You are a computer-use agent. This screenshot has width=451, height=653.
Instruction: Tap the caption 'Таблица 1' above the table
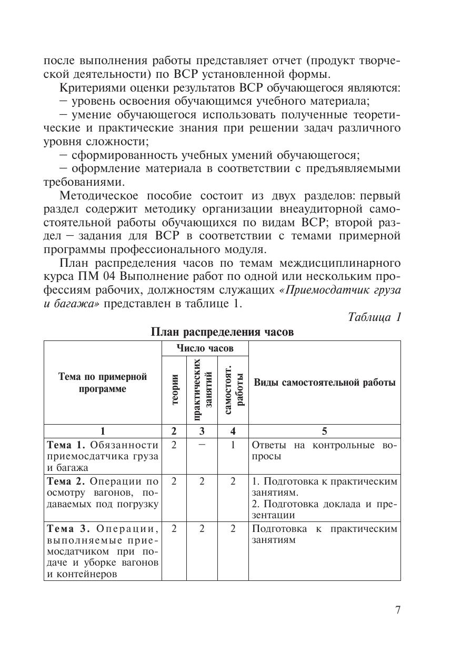coord(375,317)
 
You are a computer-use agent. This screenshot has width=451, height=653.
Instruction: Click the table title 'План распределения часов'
coord(222,332)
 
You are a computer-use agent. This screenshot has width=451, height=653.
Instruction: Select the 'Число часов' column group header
coord(205,348)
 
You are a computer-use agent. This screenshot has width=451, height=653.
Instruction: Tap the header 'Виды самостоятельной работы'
coord(324,383)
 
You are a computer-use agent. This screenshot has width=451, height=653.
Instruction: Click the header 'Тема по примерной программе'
coord(103,383)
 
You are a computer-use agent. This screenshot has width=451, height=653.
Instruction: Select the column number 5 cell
coord(324,431)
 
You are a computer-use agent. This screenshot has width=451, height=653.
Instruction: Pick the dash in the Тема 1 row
coord(202,445)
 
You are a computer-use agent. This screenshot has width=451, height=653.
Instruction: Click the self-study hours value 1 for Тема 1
coord(233,445)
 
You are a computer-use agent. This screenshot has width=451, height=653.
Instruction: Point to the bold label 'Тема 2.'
coord(67,481)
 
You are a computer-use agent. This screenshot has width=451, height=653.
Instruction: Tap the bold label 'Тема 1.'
coord(67,445)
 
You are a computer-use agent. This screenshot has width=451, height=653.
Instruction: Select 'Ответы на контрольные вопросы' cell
coord(324,450)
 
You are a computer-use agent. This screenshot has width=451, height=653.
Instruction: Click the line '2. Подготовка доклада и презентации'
coord(324,510)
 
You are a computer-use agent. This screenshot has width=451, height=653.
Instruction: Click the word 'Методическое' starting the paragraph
coord(94,196)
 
